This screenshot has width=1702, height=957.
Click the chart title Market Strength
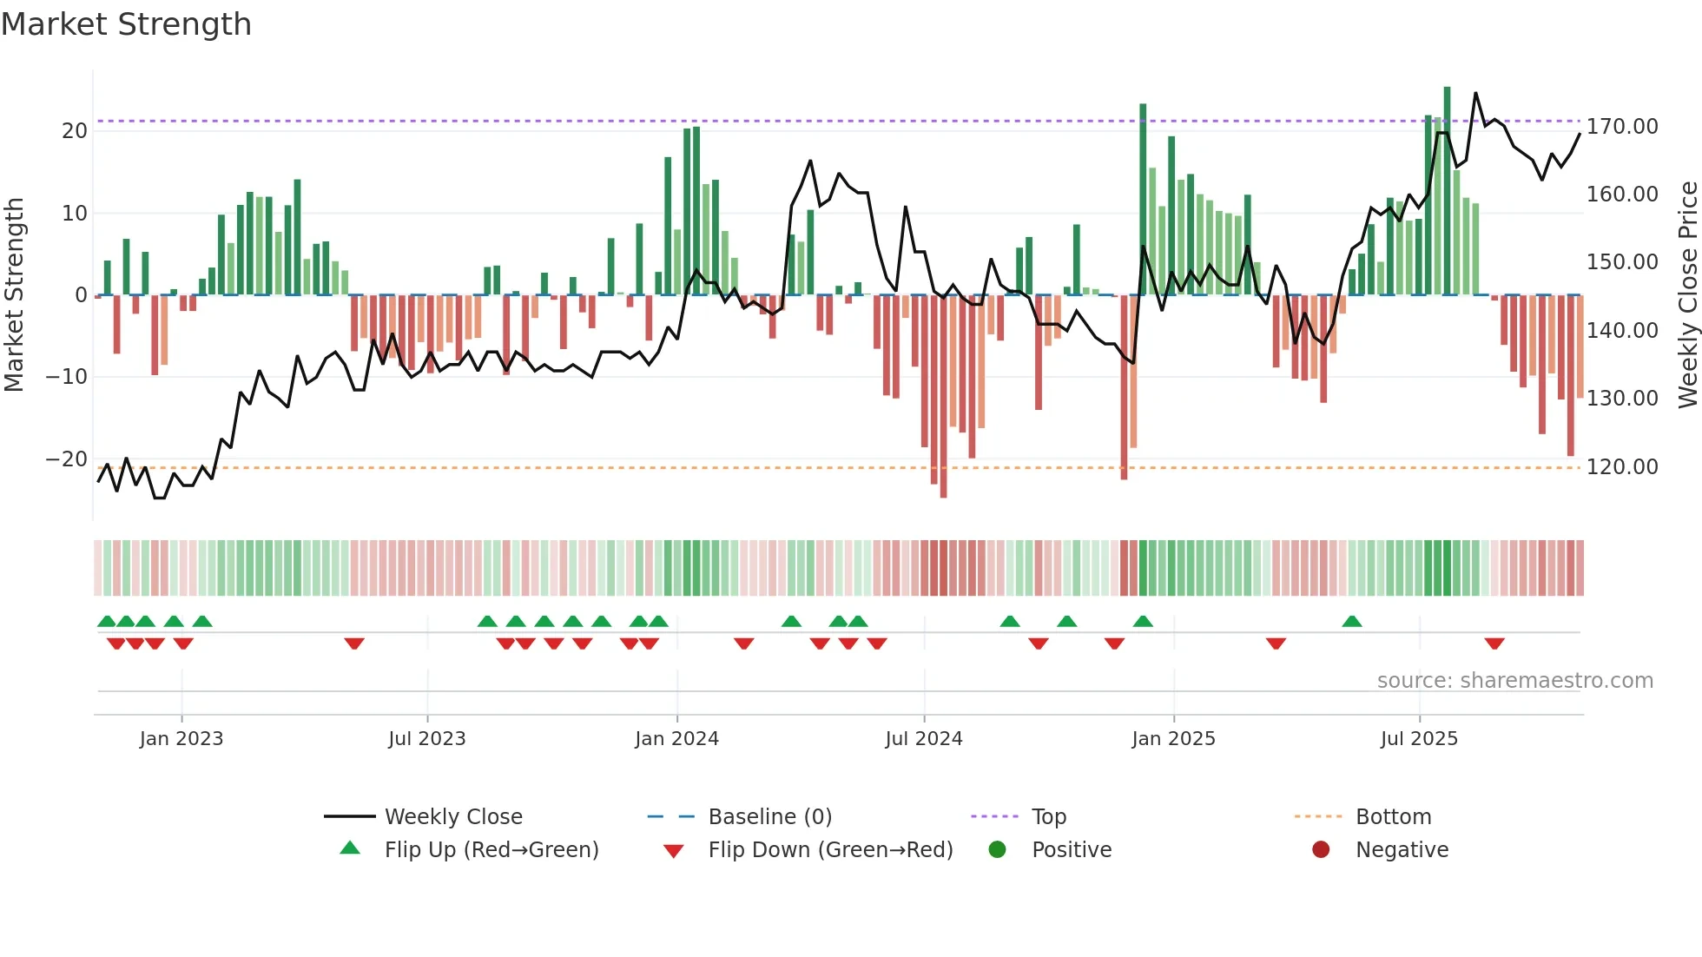[x=126, y=24]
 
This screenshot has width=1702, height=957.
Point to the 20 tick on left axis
[x=75, y=131]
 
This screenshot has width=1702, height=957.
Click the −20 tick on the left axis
[x=67, y=459]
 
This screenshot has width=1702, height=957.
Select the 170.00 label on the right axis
[x=1621, y=127]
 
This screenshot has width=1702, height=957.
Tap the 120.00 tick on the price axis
[x=1621, y=467]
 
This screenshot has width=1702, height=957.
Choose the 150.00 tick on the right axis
[x=1621, y=262]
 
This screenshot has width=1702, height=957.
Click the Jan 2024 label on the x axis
[x=676, y=739]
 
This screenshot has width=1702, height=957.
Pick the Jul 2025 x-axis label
[x=1419, y=739]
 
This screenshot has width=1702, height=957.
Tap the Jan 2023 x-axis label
[x=181, y=739]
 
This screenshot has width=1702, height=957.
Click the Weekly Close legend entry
[x=453, y=817]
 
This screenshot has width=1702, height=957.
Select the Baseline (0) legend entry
[x=769, y=817]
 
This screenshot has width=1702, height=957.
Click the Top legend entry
[x=1048, y=817]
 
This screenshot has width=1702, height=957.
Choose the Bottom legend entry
[x=1393, y=817]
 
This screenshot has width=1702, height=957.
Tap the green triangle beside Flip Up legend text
[x=350, y=848]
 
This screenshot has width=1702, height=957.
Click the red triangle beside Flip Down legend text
[x=673, y=851]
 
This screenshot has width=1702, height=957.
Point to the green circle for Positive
[x=997, y=850]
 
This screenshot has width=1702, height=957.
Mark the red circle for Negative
[x=1321, y=850]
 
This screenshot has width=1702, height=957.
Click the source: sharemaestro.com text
[x=1514, y=681]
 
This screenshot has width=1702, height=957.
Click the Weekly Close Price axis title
[x=1687, y=295]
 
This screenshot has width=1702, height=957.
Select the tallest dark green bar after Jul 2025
[x=1447, y=191]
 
